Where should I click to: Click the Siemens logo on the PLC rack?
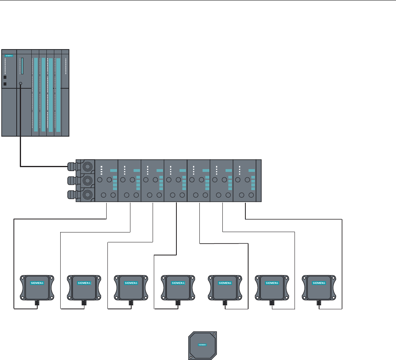[9, 56]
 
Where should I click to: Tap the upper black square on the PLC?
[5, 78]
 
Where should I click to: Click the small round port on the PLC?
[20, 84]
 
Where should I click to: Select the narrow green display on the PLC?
[23, 66]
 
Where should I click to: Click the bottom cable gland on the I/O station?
[72, 195]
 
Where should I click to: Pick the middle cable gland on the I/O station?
[72, 181]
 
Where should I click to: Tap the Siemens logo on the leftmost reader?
[37, 283]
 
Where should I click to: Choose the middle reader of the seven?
[178, 287]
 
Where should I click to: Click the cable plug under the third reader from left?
[131, 303]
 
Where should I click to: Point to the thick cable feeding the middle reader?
[176, 230]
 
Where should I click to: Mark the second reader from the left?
[84, 287]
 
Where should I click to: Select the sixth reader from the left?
[272, 287]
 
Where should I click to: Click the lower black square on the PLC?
[5, 84]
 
